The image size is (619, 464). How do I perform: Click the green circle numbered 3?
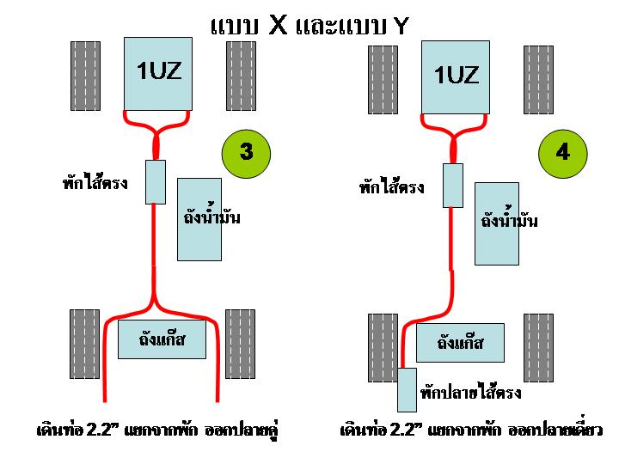[246, 153]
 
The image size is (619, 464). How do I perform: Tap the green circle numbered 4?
[562, 153]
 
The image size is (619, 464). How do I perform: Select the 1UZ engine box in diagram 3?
[159, 73]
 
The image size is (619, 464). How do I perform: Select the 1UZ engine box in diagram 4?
[456, 76]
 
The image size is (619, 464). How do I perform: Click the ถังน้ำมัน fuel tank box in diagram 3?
[199, 219]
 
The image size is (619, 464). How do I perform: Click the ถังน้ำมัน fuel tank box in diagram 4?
[497, 223]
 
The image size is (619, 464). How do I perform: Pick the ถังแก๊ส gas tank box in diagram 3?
[163, 341]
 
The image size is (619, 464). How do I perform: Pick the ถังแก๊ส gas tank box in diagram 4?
[460, 343]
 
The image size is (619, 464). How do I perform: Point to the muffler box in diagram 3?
[156, 181]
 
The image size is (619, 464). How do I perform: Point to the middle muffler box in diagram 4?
[453, 185]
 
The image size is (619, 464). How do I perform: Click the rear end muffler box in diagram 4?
[408, 389]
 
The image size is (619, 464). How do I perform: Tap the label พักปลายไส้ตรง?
[471, 394]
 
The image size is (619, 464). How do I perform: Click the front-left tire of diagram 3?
[85, 76]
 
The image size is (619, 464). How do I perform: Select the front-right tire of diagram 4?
[538, 79]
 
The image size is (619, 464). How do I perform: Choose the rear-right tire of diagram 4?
[538, 347]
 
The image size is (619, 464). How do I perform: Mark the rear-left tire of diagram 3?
[85, 344]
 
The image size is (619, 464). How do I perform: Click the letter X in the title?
[278, 24]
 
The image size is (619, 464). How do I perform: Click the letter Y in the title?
[400, 26]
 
